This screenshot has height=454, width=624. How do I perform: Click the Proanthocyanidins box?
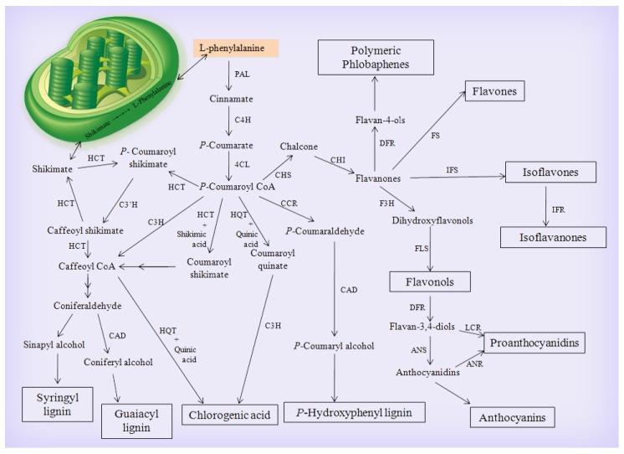point(536,343)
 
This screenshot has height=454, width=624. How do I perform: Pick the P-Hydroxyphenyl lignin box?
point(354,411)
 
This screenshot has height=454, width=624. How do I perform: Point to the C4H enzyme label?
point(241,119)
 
